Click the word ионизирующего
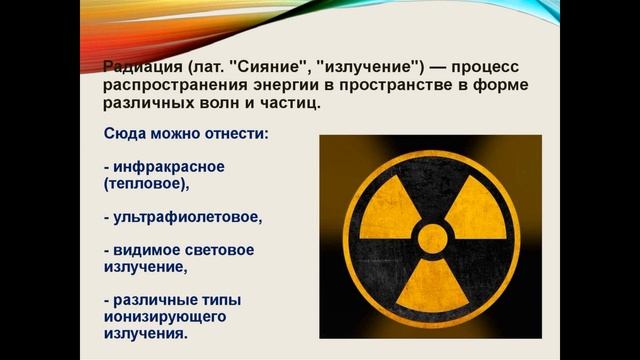click(159, 316)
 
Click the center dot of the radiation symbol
click(431, 239)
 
